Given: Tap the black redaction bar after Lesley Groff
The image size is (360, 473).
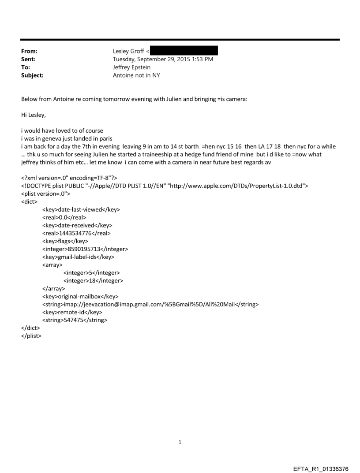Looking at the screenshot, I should click(x=184, y=51).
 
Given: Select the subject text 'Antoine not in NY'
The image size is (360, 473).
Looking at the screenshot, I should click(x=137, y=75).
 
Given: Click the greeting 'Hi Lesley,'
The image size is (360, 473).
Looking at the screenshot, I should click(x=35, y=115).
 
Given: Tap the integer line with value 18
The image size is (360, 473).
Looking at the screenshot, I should click(x=93, y=281).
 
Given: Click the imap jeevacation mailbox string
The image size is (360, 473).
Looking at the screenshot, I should click(x=150, y=304).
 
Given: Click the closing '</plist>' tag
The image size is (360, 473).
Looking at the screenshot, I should click(x=31, y=336).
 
